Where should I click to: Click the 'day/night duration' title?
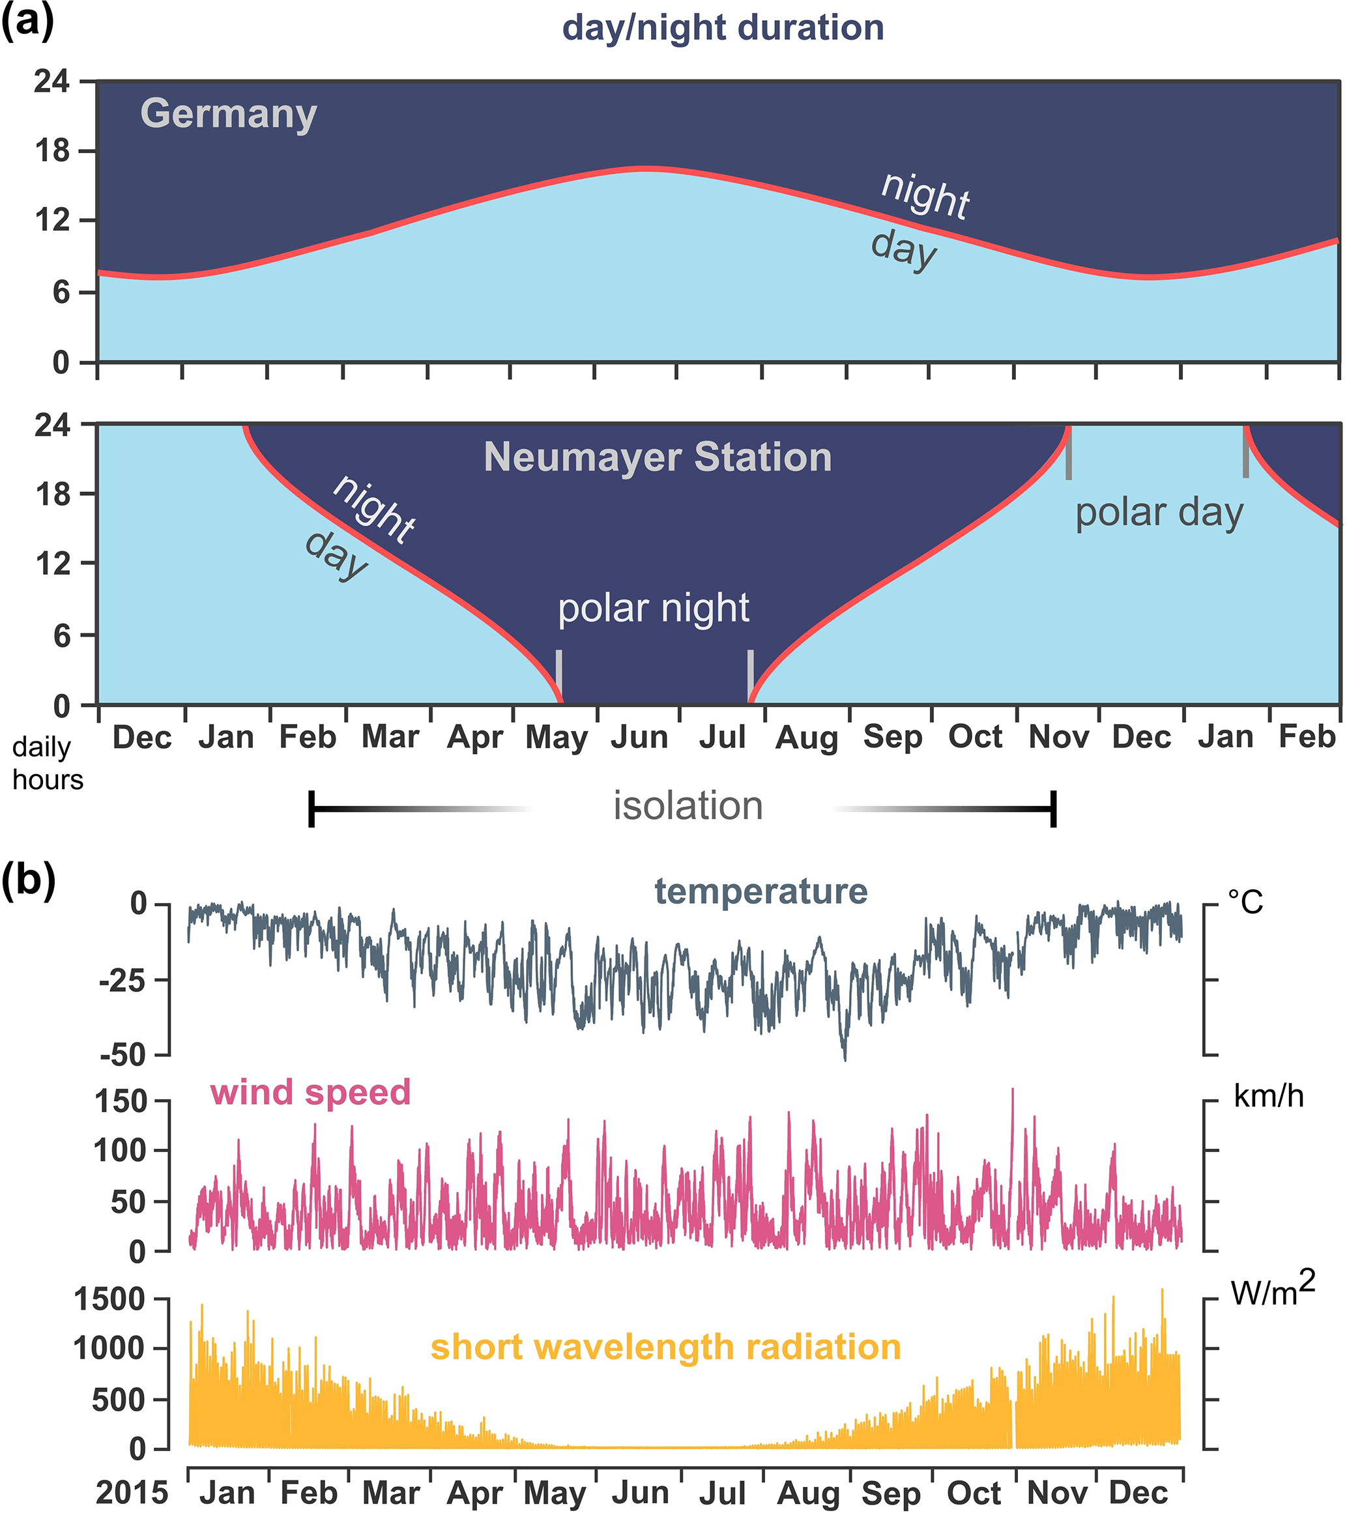coord(723,28)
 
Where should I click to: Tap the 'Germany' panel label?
coord(229,114)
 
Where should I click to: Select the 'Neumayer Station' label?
coord(658,457)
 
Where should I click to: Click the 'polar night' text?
coord(654,609)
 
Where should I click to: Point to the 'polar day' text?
coord(1159,512)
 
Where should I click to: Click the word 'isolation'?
coord(688,805)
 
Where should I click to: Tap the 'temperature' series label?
coord(761,891)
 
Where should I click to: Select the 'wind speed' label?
coord(310,1092)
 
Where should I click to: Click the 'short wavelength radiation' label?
coord(665,1346)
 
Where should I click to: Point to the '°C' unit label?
coord(1245,902)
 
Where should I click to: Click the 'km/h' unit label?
coord(1269,1095)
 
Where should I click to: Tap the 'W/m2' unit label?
coord(1272,1290)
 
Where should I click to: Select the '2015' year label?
coord(132,1492)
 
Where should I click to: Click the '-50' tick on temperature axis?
coord(124,1054)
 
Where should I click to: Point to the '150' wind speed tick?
coord(121,1101)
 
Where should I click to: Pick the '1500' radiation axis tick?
coord(110,1299)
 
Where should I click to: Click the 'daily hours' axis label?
coord(48,763)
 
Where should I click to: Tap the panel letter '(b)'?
coord(28,881)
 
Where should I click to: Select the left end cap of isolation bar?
coord(311,809)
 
